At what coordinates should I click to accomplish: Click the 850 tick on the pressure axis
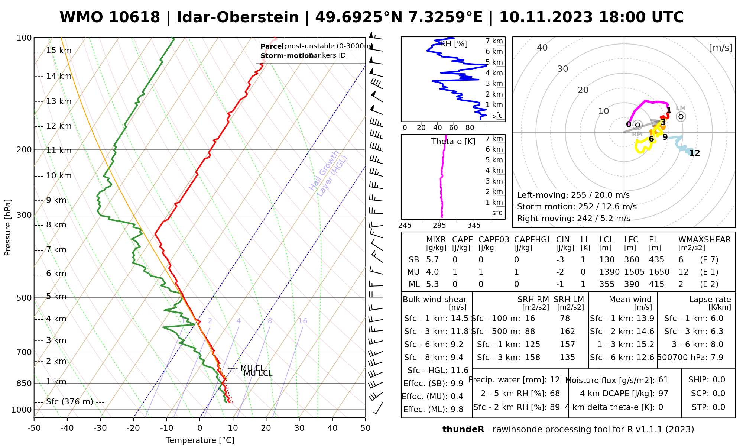click(24, 383)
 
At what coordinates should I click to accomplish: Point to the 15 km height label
click(59, 51)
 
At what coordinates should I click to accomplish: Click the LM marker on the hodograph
click(681, 116)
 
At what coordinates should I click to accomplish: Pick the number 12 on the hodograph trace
click(694, 153)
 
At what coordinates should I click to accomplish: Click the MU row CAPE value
click(455, 272)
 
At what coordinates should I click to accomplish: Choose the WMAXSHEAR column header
click(704, 240)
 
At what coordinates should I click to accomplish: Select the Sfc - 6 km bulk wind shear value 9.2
click(457, 345)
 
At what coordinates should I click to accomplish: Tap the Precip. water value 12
click(555, 380)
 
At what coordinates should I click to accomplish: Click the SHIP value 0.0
click(719, 380)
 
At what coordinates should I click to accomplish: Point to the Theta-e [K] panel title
click(453, 142)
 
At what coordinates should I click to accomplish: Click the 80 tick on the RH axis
click(470, 128)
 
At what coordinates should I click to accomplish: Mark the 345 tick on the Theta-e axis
click(474, 226)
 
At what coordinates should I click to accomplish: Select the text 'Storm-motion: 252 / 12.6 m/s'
click(577, 207)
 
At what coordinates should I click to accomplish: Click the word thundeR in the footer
click(463, 430)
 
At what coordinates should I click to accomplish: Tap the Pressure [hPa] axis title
click(8, 227)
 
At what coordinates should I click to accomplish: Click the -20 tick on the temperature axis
click(133, 428)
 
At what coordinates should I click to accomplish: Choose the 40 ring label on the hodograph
click(542, 48)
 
